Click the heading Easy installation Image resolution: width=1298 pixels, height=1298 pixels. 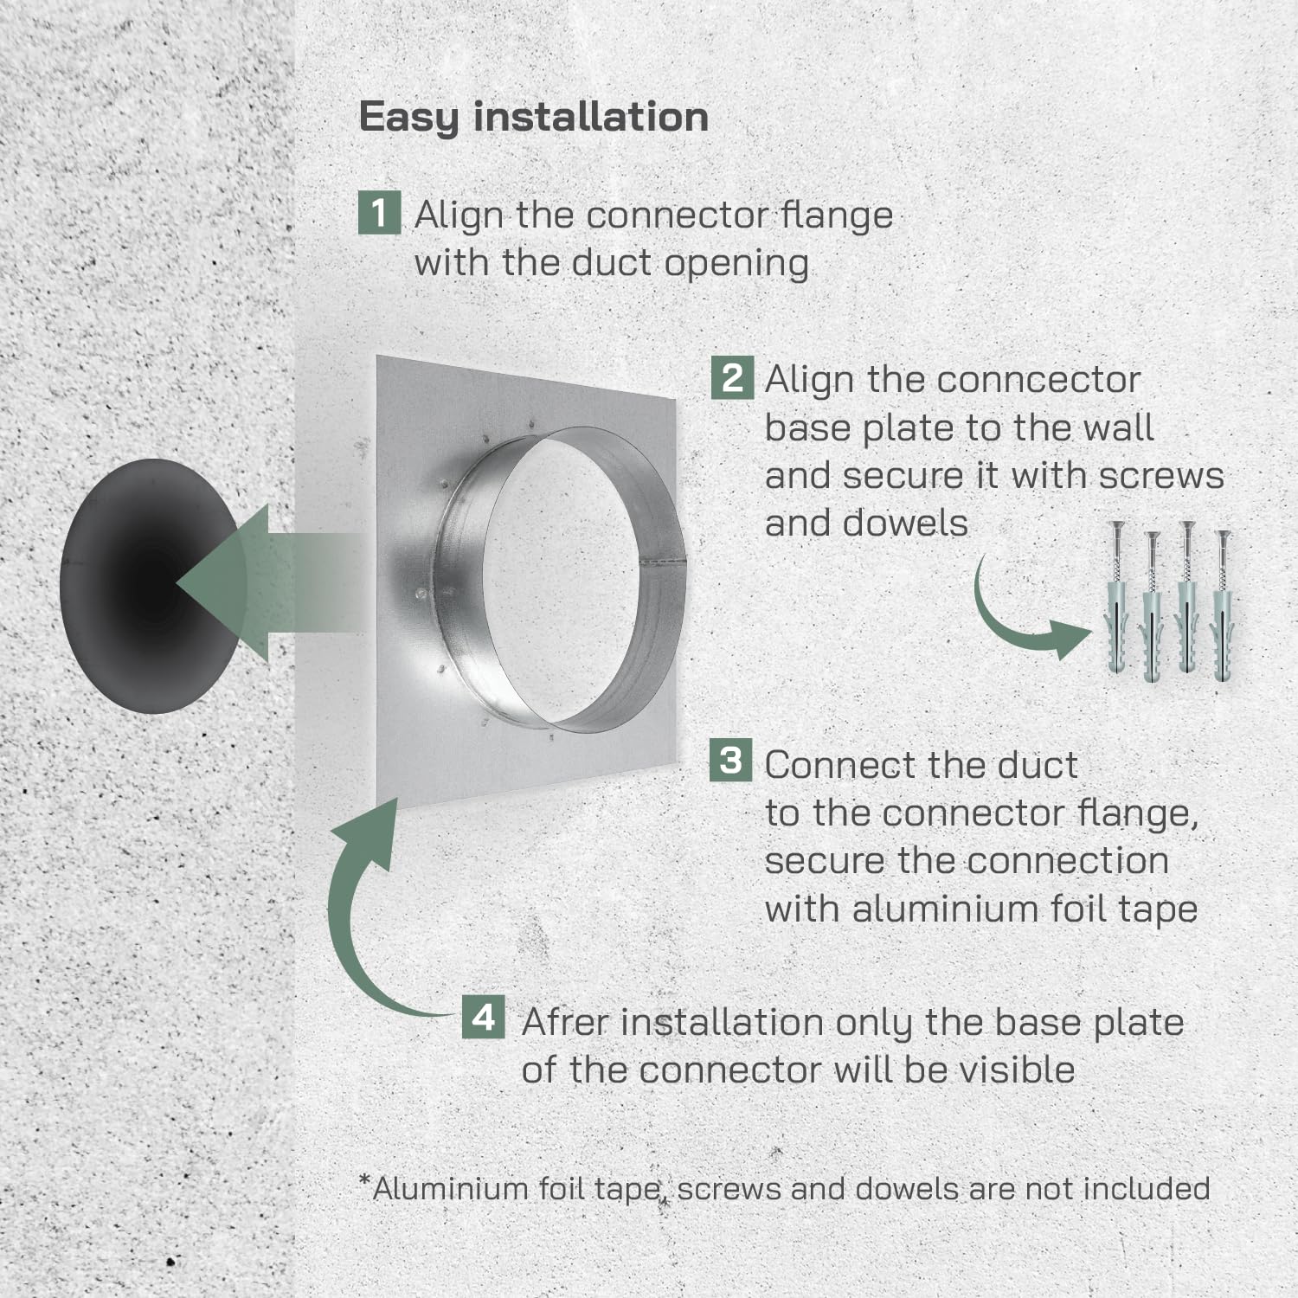pyautogui.click(x=533, y=118)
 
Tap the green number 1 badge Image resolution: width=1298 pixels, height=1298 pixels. pyautogui.click(x=379, y=213)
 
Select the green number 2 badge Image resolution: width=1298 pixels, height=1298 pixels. pyautogui.click(x=732, y=378)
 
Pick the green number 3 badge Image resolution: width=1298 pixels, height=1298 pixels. pyautogui.click(x=730, y=761)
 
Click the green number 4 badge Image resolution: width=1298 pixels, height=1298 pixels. pyautogui.click(x=483, y=1017)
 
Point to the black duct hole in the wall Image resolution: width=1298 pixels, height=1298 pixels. pyautogui.click(x=149, y=586)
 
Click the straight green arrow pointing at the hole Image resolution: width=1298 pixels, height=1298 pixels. pyautogui.click(x=268, y=582)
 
